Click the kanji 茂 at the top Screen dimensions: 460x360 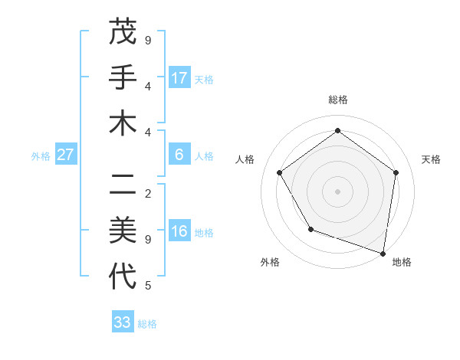pos(123,33)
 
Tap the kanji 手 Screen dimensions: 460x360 pos(123,77)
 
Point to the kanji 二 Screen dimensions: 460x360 pos(123,184)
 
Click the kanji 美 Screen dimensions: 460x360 pos(123,230)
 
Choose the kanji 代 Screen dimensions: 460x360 pos(123,276)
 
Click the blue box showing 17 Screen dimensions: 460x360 pos(179,77)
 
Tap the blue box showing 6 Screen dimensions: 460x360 pos(179,155)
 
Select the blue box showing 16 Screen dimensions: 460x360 pos(179,232)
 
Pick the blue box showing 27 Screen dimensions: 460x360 pos(66,155)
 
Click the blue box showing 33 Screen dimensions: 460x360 pos(123,322)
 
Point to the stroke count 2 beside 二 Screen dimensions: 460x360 pos(148,193)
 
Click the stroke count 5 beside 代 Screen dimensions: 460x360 pos(148,286)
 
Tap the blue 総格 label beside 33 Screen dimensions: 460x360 pos(147,323)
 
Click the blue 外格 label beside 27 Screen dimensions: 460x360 pos(41,155)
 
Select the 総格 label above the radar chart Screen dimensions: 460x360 pos(337,100)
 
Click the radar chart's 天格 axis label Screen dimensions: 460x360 pos(431,159)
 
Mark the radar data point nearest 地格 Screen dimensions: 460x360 pos(383,253)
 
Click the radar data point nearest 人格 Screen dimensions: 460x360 pos(279,172)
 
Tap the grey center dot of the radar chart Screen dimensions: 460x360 pos(337,191)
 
